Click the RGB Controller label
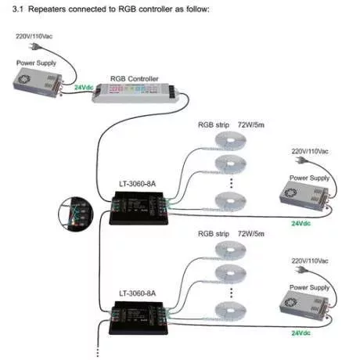pyautogui.click(x=135, y=79)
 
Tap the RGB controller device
pyautogui.click(x=135, y=93)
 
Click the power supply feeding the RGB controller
pyautogui.click(x=38, y=82)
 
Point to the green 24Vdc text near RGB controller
pyautogui.click(x=84, y=88)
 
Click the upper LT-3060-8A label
pyautogui.click(x=138, y=184)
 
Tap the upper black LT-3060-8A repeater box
pyautogui.click(x=139, y=208)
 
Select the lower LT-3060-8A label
pyautogui.click(x=138, y=293)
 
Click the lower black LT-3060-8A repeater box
pyautogui.click(x=139, y=318)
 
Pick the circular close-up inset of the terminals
pyautogui.click(x=76, y=214)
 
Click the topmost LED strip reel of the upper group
pyautogui.click(x=230, y=142)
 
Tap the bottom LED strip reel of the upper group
pyautogui.click(x=230, y=201)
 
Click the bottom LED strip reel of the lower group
pyautogui.click(x=230, y=311)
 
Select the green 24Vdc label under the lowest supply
pyautogui.click(x=301, y=333)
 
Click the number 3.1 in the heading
pyautogui.click(x=18, y=9)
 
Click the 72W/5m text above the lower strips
pyautogui.click(x=251, y=234)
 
